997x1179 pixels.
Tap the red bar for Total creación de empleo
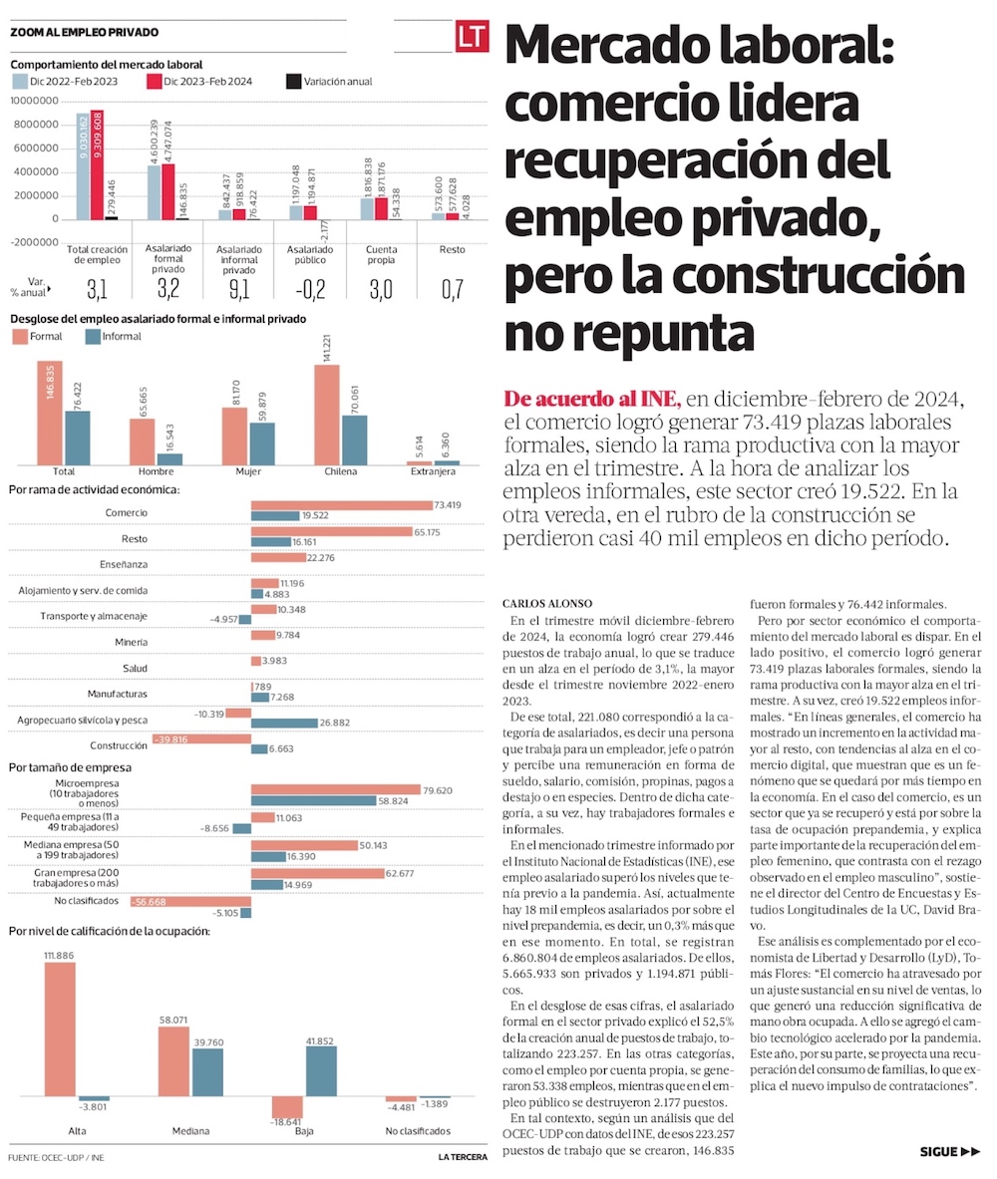point(97,164)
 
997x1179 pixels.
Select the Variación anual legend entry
point(328,81)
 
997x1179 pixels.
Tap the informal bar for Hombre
point(168,458)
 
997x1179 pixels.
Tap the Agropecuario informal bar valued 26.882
point(284,723)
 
